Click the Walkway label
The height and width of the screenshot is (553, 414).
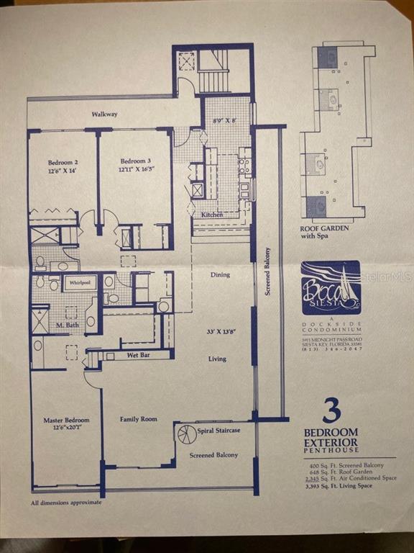pos(104,114)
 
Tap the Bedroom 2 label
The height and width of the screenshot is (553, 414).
pos(63,162)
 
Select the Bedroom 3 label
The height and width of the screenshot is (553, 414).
pos(135,161)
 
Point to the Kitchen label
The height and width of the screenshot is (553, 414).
pos(212,215)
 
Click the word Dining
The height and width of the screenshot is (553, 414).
pos(220,275)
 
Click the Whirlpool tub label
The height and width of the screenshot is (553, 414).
pos(80,283)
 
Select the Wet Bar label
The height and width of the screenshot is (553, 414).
pos(138,355)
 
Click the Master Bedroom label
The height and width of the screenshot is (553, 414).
pos(66,420)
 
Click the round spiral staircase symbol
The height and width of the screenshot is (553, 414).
pos(186,434)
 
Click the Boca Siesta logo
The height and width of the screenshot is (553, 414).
pos(331,288)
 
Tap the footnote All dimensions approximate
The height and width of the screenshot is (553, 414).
pos(66,503)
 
